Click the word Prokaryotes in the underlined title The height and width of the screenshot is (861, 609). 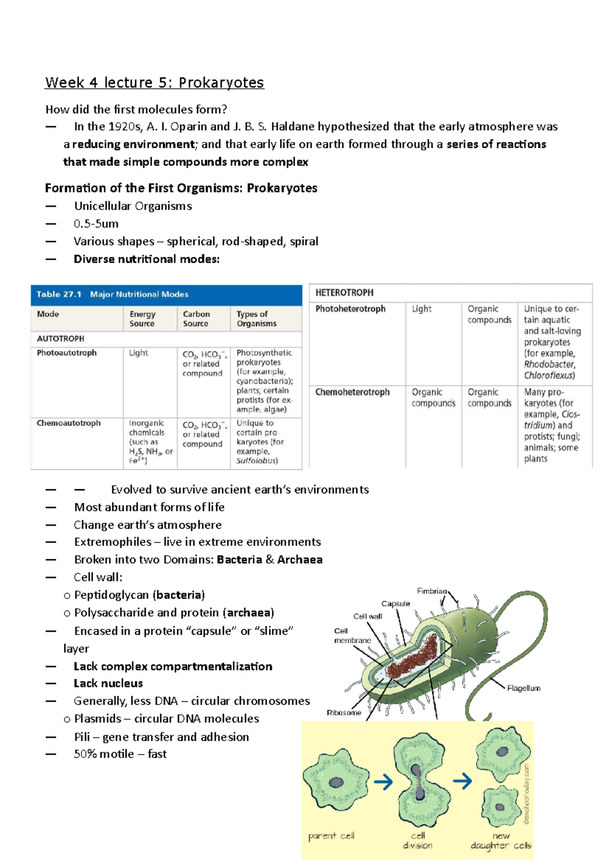tap(221, 83)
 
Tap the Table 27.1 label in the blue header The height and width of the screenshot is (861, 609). tap(59, 294)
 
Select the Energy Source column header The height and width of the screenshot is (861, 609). tap(143, 319)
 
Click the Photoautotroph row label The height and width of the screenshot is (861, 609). tap(66, 353)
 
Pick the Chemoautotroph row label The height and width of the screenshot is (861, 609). tap(69, 423)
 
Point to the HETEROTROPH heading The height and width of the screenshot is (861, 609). tap(344, 293)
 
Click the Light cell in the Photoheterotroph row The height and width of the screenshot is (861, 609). tap(421, 309)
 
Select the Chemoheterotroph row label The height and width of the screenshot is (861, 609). tap(352, 392)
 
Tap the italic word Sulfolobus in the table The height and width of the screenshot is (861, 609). tap(257, 461)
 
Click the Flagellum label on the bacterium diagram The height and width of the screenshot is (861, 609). tap(523, 688)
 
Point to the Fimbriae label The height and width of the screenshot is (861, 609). tap(432, 591)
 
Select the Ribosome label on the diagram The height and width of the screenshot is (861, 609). tap(344, 712)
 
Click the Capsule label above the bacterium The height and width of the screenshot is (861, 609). tap(395, 603)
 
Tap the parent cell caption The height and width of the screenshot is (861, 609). tap(331, 836)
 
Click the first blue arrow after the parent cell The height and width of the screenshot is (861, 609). tap(383, 782)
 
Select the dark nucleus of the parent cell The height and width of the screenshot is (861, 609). tap(336, 782)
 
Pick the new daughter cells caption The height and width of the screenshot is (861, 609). tap(501, 840)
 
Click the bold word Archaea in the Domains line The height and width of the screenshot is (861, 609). tap(299, 559)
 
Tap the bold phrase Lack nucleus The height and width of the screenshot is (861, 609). tap(108, 683)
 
